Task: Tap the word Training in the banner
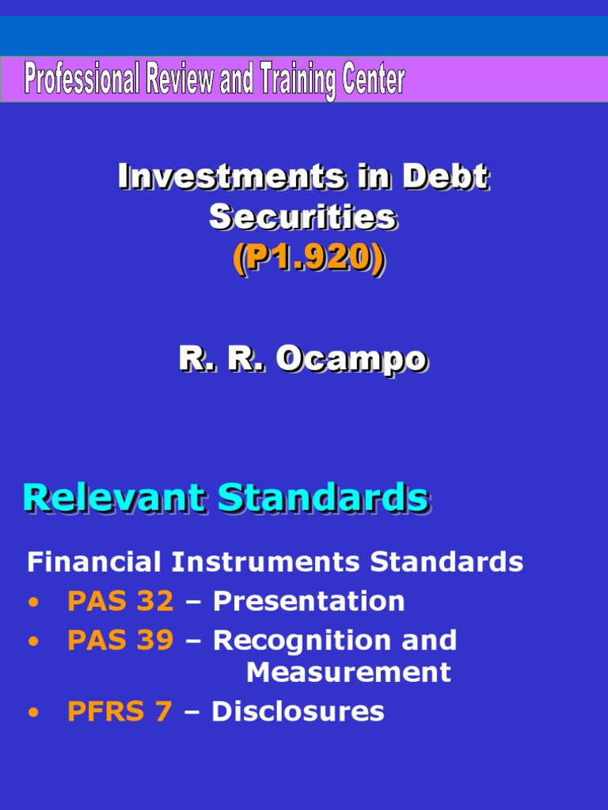288,81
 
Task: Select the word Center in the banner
371,81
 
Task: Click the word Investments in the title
231,177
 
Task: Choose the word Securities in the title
302,217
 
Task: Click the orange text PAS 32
120,602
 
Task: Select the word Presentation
309,602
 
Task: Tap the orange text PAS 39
120,641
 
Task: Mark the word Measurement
348,672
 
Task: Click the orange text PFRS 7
120,712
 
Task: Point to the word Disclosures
298,712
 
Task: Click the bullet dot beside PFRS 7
32,713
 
